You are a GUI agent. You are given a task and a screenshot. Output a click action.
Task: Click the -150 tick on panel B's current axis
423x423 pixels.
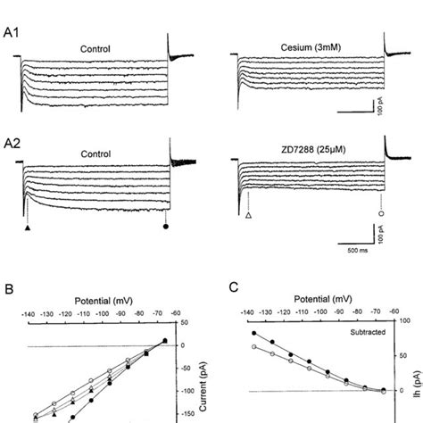click(187, 414)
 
